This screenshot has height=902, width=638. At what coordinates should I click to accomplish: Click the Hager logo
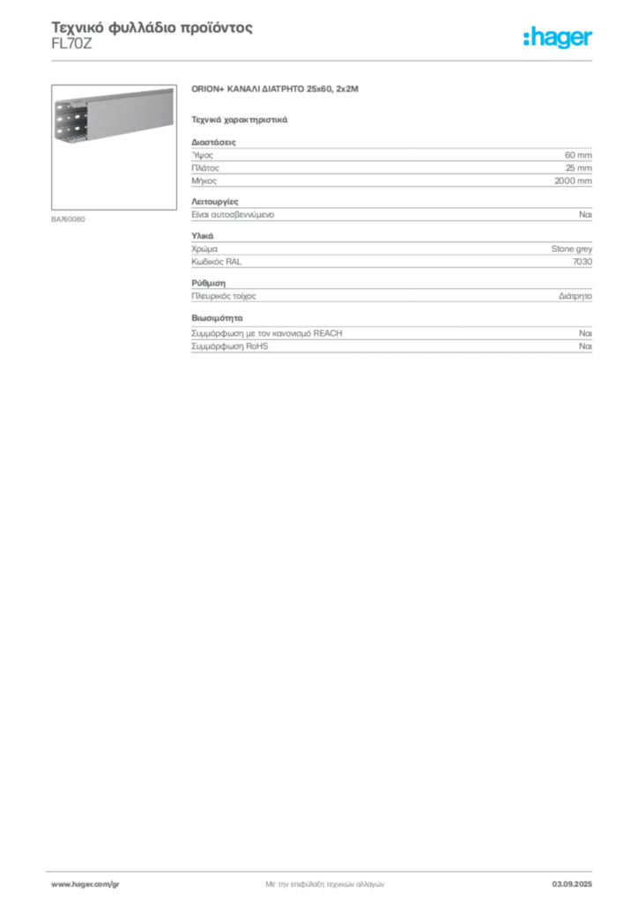(558, 37)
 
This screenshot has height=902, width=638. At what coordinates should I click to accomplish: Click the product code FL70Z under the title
(71, 44)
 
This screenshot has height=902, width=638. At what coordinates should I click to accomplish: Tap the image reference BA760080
(68, 219)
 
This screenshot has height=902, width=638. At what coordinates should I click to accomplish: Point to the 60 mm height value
(578, 155)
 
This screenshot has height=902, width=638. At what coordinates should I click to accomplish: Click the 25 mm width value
(579, 168)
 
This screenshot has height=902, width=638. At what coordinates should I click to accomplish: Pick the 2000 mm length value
(573, 181)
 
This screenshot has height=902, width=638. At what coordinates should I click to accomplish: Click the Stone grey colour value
(571, 248)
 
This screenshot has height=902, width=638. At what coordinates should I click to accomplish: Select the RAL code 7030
(582, 262)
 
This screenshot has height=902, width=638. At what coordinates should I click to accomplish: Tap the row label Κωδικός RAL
(216, 262)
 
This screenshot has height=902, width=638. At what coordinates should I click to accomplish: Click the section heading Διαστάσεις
(213, 142)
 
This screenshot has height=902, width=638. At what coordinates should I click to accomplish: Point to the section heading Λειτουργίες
(215, 202)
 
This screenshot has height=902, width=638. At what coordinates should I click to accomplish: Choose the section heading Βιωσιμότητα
(217, 318)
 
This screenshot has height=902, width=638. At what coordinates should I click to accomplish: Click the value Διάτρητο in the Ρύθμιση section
(575, 296)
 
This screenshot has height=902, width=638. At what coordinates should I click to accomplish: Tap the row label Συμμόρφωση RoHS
(229, 346)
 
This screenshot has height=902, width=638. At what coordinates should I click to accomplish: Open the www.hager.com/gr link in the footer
(85, 884)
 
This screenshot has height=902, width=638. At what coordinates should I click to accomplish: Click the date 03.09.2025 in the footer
(572, 884)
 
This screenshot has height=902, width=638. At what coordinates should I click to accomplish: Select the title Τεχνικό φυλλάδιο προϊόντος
(152, 27)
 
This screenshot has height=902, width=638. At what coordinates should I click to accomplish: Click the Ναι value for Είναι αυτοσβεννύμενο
(586, 215)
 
